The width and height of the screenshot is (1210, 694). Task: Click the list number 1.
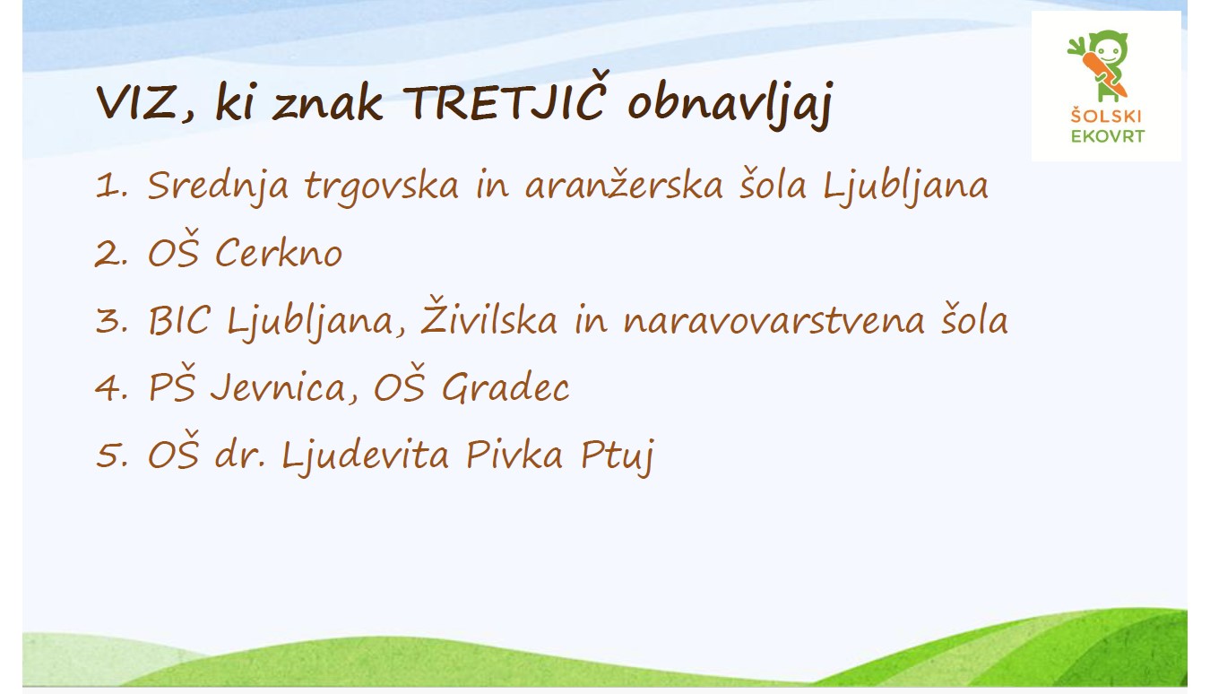111,187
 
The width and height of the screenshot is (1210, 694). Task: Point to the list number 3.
112,321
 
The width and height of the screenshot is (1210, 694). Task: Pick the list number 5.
112,455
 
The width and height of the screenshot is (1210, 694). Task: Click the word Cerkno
279,253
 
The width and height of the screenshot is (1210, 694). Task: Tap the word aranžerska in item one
624,183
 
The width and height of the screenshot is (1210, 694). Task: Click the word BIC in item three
178,320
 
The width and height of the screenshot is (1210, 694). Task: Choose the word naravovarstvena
774,321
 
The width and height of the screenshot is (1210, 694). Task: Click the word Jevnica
278,387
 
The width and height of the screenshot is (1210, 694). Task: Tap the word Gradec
506,387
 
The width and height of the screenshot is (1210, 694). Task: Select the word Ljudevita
365,456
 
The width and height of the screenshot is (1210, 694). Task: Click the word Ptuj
618,457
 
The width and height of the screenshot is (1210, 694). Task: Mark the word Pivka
514,454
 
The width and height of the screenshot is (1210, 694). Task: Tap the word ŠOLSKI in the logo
1106,116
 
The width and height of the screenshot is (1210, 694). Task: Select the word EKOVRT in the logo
1107,136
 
